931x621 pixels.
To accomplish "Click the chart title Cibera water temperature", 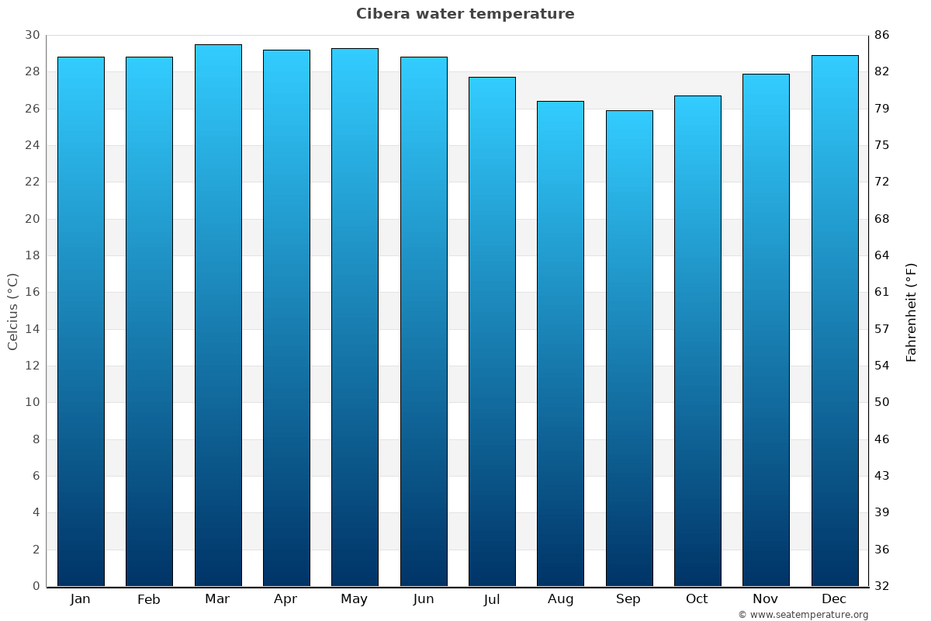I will [465, 14].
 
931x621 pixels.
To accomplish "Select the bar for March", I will [218, 315].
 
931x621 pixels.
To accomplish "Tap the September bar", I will [629, 349].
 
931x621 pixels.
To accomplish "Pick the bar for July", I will [492, 331].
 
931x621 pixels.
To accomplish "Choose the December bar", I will [835, 321].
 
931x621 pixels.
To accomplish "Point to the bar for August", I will [560, 344].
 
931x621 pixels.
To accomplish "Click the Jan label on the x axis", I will [80, 599].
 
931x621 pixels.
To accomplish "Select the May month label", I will [355, 599].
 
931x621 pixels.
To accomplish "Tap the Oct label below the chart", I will [697, 599].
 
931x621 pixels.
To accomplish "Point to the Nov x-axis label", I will [766, 599].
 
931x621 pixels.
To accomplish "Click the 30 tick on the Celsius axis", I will [32, 35].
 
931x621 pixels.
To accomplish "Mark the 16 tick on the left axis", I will [32, 293].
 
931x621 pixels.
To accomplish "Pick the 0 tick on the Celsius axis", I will [36, 586].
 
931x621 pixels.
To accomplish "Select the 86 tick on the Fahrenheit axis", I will [882, 35].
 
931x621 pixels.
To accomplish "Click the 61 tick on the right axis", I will [882, 293].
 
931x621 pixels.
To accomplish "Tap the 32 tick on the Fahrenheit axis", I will [882, 586].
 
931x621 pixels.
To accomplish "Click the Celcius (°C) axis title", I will [12, 311].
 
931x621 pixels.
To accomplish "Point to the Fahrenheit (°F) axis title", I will [912, 311].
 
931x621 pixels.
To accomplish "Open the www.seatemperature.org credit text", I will [803, 615].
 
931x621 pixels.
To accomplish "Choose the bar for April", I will [286, 318].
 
